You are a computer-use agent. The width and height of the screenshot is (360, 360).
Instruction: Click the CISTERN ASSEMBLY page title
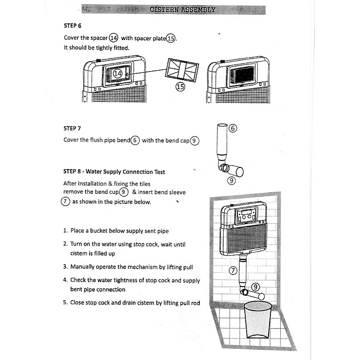tap(182, 9)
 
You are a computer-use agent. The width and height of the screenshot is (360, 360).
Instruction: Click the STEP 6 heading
tap(72, 26)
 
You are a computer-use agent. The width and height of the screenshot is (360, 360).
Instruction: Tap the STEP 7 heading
tap(72, 128)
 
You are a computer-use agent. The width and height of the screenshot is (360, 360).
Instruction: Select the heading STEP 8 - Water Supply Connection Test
tap(114, 172)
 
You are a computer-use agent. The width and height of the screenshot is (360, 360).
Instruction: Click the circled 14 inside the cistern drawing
tap(117, 73)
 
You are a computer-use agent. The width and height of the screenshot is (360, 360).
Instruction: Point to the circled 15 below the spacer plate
tap(180, 87)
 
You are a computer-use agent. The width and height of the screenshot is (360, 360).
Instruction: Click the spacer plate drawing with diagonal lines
tap(181, 70)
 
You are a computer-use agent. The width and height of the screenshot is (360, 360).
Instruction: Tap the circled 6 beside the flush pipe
tap(233, 128)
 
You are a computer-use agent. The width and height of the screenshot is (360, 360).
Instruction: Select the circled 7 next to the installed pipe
tap(233, 271)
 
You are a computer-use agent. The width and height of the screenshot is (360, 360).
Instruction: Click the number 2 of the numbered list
tap(66, 244)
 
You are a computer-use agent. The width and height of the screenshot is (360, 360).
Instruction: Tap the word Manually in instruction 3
tap(83, 267)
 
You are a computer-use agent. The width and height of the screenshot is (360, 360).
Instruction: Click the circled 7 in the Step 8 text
tap(66, 202)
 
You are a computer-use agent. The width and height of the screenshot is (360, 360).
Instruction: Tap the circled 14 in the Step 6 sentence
tap(113, 38)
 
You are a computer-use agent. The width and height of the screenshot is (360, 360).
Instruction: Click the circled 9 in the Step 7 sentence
tap(194, 140)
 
